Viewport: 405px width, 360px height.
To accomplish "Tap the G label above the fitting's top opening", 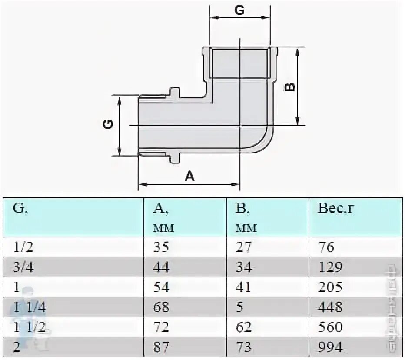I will click(239, 11).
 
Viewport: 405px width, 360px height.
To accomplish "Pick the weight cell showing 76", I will click(326, 247).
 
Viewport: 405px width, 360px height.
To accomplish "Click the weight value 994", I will click(330, 347).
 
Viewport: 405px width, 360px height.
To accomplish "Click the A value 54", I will click(161, 287).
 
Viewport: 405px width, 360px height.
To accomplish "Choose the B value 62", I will click(244, 327).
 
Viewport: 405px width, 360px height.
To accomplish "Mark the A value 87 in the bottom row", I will click(161, 347).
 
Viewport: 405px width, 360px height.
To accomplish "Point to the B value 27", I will click(244, 247).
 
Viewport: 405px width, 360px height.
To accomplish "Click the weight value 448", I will click(330, 307).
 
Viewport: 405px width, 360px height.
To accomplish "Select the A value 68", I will click(161, 307).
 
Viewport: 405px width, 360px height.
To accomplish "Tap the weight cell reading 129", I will click(330, 267).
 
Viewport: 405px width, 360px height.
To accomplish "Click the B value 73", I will click(244, 347).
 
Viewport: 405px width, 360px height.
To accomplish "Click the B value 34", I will click(244, 267).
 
